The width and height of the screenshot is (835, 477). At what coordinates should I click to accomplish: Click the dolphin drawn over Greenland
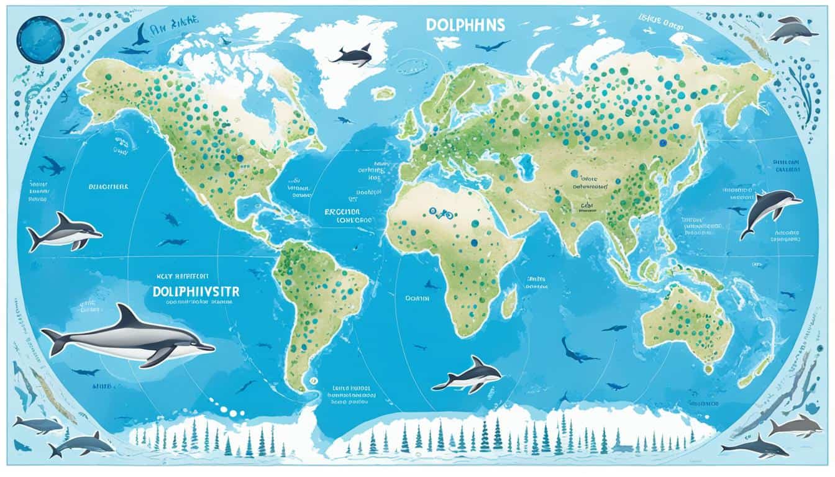point(352,56)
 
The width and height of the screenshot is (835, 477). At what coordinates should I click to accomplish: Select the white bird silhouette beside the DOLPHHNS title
point(446,42)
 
